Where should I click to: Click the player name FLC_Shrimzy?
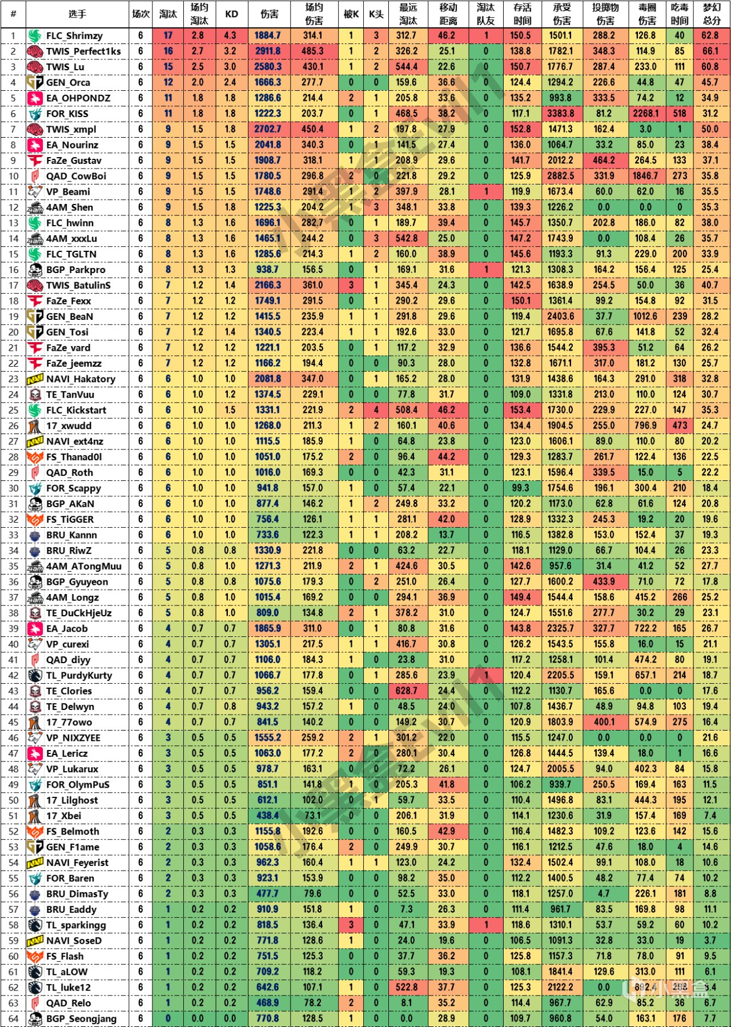[x=74, y=35]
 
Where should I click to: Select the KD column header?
[x=231, y=14]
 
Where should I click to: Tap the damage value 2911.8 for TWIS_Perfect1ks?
[x=268, y=51]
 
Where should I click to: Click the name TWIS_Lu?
[x=65, y=67]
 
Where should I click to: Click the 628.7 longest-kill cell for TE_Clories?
[x=407, y=691]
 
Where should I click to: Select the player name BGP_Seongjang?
[x=81, y=1018]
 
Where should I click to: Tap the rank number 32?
[x=13, y=519]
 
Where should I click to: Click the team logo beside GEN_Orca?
[x=35, y=82]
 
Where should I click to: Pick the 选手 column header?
[x=78, y=14]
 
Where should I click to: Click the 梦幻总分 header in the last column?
[x=711, y=14]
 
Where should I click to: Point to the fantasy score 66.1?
[x=710, y=51]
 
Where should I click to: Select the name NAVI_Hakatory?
[x=81, y=379]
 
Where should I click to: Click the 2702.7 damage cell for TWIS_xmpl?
[x=268, y=129]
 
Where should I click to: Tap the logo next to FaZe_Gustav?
[x=35, y=161]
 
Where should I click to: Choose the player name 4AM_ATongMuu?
[x=84, y=566]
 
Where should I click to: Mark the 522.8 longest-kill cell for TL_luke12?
[x=407, y=987]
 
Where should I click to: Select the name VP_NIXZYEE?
[x=73, y=737]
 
